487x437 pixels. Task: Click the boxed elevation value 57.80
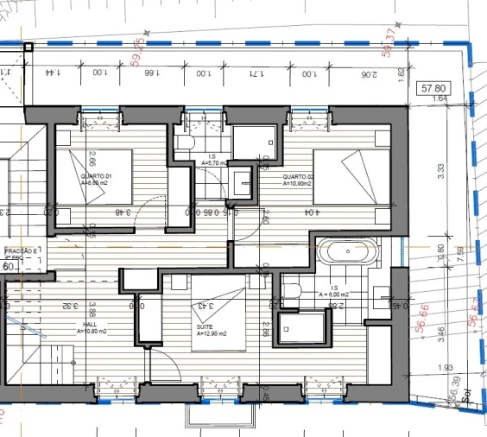[x=433, y=88]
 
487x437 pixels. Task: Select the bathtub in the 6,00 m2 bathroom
[x=350, y=253]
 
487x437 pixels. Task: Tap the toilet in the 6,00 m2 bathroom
[x=292, y=292]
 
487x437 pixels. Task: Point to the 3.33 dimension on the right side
[x=441, y=172]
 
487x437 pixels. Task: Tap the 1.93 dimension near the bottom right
[x=446, y=369]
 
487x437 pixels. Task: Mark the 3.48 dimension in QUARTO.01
[x=123, y=212]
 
